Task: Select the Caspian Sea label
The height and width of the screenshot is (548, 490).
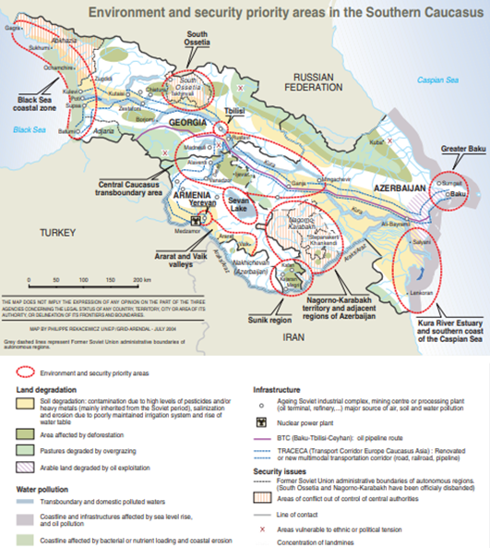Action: click(439, 81)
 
